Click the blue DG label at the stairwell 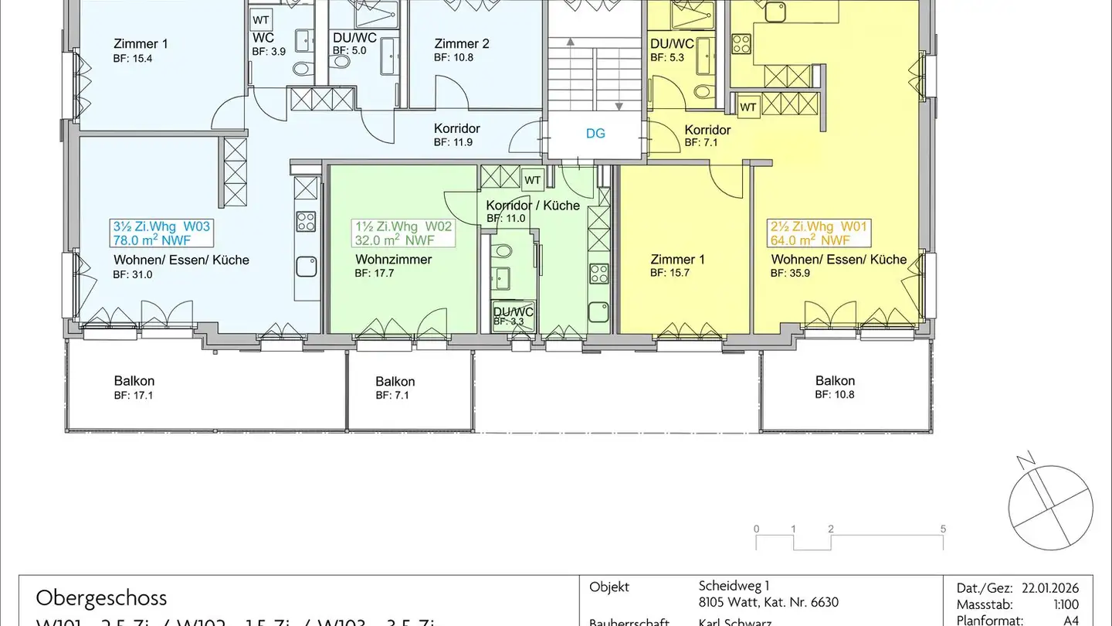(x=595, y=134)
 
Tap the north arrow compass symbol (x=1050, y=507)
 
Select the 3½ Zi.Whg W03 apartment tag (x=161, y=233)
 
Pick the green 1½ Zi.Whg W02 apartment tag (x=403, y=233)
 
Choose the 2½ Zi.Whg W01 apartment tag (x=819, y=233)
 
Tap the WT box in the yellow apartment (x=748, y=107)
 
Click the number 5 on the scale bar (x=943, y=529)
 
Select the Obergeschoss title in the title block (x=100, y=597)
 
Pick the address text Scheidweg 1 (x=734, y=587)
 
